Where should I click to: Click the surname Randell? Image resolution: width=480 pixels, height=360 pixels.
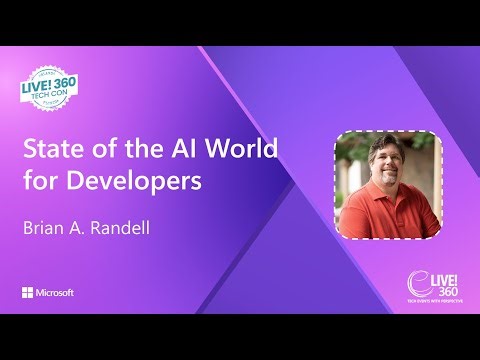tap(128, 228)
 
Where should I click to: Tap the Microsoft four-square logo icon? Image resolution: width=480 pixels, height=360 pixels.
tap(27, 292)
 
